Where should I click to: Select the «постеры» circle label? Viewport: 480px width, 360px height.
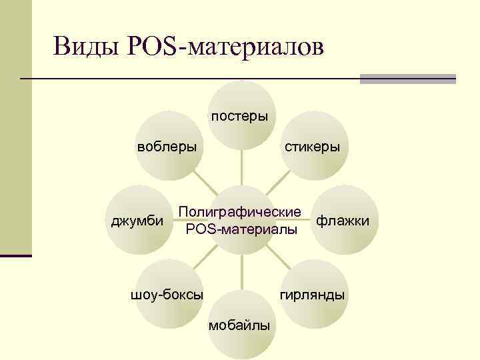click(x=240, y=117)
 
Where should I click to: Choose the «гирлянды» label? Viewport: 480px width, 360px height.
click(x=313, y=294)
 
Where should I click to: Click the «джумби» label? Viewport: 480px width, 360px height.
click(x=137, y=220)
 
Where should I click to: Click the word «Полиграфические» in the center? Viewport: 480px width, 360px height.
click(x=240, y=212)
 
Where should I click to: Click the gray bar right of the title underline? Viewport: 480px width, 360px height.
click(x=407, y=79)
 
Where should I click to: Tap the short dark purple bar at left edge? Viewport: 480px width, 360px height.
click(x=16, y=255)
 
